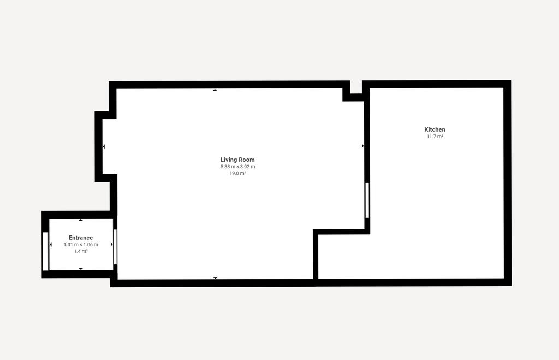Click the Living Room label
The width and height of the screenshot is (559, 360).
click(x=237, y=160)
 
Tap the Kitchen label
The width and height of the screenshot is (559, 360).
click(x=435, y=129)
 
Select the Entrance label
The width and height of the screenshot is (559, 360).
click(x=81, y=238)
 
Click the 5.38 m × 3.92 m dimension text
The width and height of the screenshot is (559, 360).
click(x=237, y=167)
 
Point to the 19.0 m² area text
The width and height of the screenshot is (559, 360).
click(x=237, y=173)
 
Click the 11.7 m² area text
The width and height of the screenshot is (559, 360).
click(x=435, y=137)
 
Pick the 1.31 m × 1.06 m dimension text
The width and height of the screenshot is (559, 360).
click(x=81, y=244)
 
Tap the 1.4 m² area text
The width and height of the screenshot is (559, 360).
click(x=81, y=251)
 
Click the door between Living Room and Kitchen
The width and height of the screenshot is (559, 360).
click(x=367, y=200)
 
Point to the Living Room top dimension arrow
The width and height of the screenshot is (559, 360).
click(x=215, y=90)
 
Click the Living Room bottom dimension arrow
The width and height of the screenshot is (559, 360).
click(x=215, y=278)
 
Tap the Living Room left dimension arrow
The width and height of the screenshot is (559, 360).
click(x=104, y=146)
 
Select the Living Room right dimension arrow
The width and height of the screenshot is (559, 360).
click(x=362, y=146)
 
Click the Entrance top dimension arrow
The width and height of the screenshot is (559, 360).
click(x=81, y=220)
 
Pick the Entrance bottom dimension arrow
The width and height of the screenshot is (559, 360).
click(x=81, y=269)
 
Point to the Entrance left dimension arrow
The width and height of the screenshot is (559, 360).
click(x=51, y=244)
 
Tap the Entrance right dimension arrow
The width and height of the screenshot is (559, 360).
click(x=111, y=244)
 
